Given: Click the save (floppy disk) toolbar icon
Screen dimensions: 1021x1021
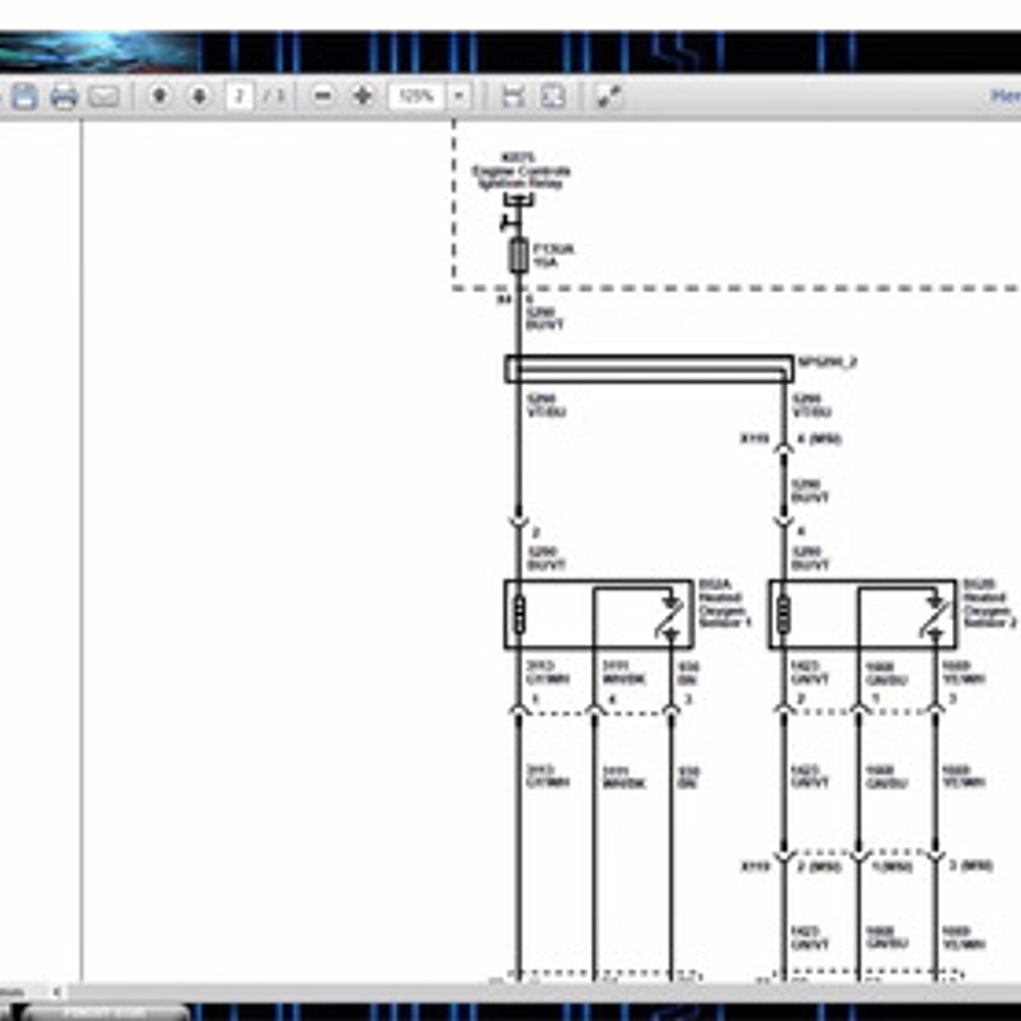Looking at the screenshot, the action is pos(24,96).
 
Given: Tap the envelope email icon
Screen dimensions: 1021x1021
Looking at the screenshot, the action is pos(104,96).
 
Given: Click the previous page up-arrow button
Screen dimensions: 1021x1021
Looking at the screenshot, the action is pos(159,95).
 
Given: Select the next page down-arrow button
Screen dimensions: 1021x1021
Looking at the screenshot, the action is pos(199,95).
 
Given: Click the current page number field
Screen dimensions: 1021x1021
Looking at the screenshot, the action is pos(239,95).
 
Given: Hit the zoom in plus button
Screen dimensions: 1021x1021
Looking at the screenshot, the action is pos(363,95).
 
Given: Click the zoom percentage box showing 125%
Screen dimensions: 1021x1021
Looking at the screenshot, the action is pos(416,95).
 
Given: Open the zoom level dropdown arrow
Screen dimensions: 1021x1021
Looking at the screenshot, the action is pos(459,95).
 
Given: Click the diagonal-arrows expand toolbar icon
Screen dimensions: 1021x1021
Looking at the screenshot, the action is pos(609,95).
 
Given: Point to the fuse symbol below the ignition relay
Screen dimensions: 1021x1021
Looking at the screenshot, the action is pos(518,255).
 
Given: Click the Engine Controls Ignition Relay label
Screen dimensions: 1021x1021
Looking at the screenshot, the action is pos(521,171).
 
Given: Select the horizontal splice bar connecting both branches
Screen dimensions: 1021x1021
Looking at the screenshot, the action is pos(648,368).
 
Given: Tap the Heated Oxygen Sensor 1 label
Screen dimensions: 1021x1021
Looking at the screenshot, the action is pos(723,604).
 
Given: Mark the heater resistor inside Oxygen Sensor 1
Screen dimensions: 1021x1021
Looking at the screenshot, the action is pos(518,614).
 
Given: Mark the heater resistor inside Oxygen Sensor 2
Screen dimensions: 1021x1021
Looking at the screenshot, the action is pos(783,614).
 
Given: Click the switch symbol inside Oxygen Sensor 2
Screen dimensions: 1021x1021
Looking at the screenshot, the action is pos(935,615).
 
